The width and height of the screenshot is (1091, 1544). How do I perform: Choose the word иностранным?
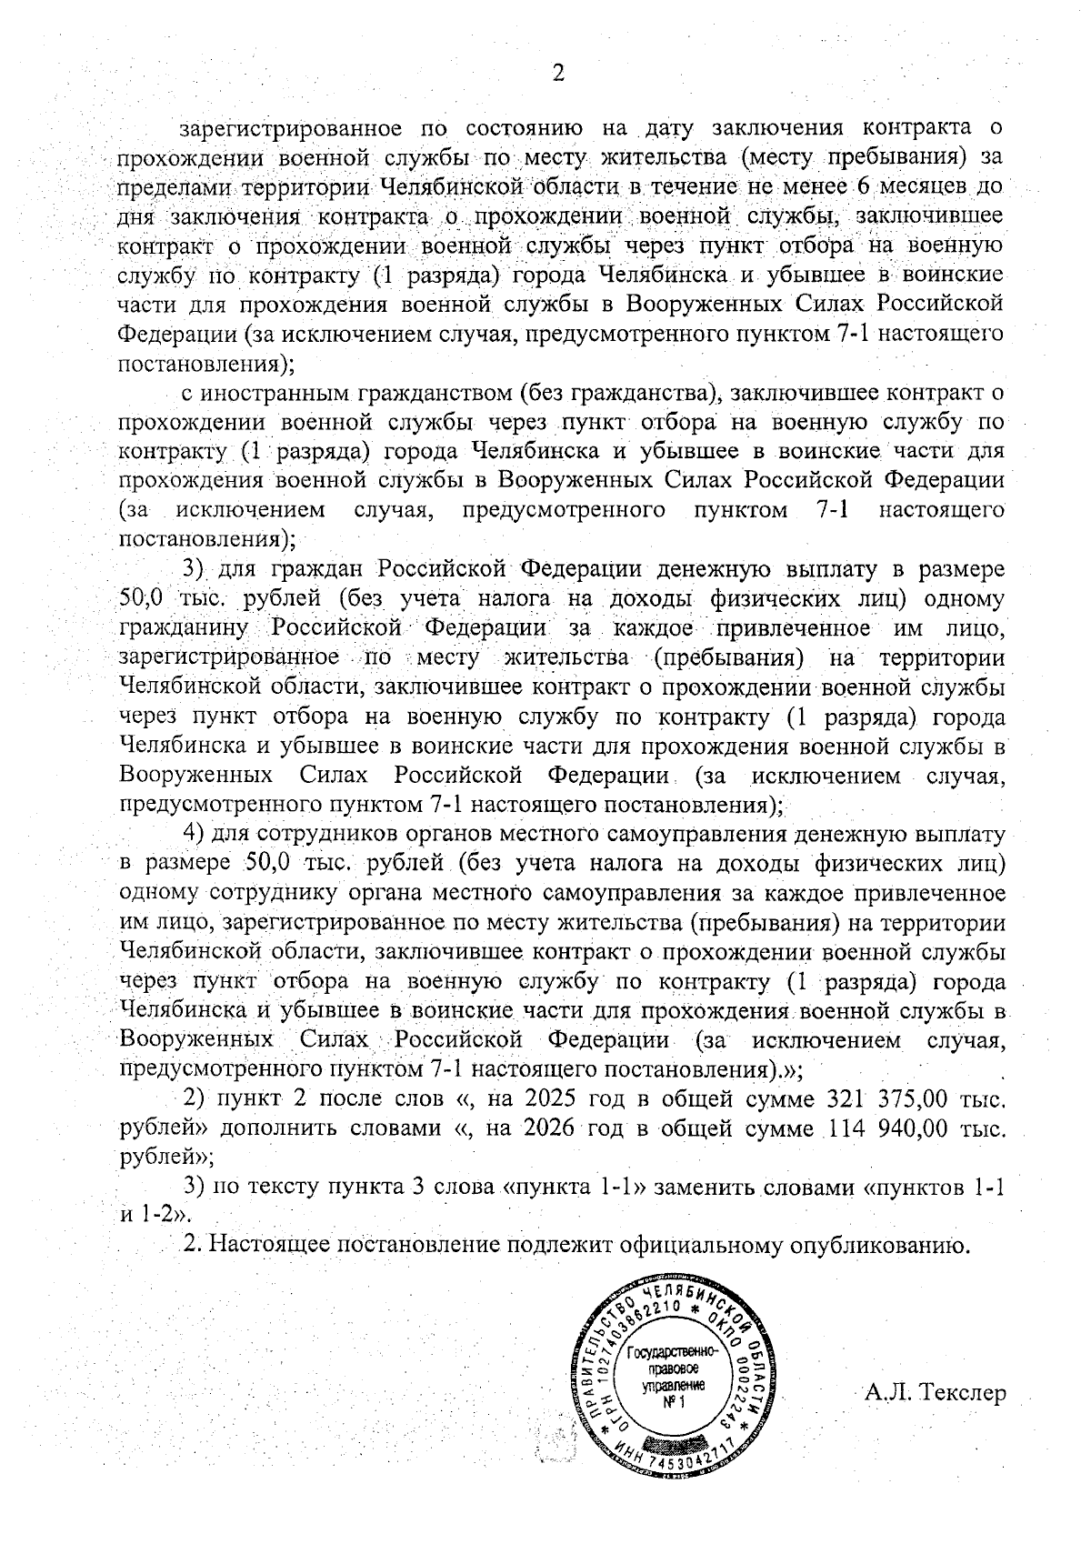pyautogui.click(x=276, y=393)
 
